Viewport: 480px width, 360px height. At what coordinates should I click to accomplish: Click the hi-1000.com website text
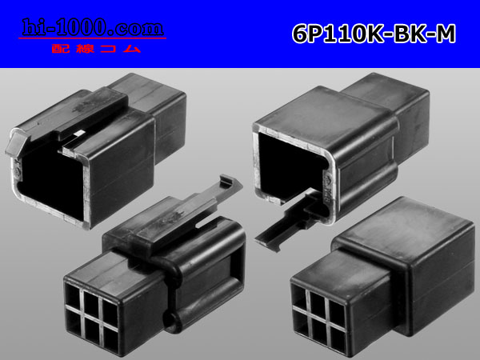93,27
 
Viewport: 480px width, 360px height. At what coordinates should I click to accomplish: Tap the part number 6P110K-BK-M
374,34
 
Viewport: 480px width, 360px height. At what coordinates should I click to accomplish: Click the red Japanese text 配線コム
96,49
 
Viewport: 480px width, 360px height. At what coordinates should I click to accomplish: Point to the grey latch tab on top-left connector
16,143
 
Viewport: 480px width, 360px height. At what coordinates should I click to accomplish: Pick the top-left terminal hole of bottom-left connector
73,296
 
